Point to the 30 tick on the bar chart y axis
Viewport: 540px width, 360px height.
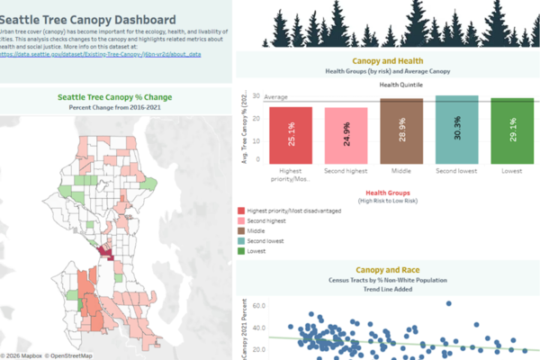coord(256,96)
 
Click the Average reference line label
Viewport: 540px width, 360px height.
coord(275,96)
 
